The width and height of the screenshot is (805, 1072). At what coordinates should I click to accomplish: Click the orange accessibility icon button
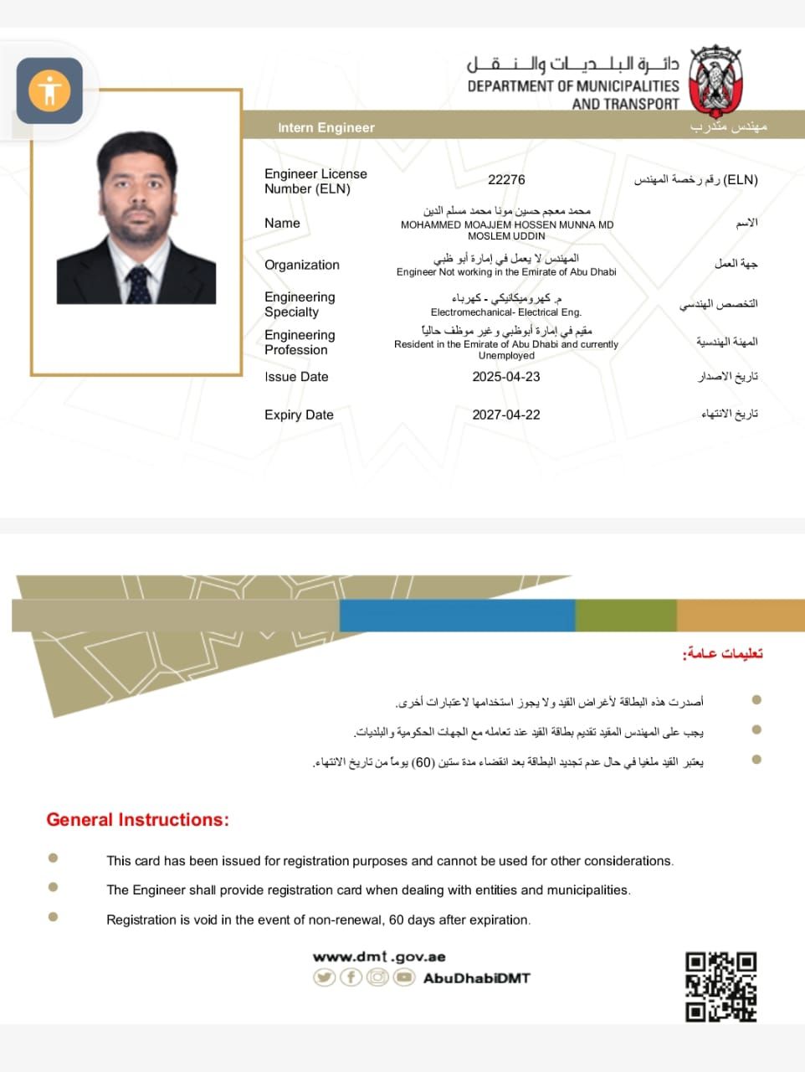pos(49,90)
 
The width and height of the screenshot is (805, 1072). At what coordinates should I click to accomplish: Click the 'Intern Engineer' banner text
pos(326,127)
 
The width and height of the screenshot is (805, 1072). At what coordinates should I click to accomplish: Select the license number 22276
pos(506,179)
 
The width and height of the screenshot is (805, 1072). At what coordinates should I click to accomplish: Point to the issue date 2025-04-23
pos(505,377)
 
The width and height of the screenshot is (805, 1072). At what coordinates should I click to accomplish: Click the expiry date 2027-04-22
pos(505,415)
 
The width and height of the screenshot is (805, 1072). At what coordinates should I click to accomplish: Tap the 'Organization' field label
pos(301,265)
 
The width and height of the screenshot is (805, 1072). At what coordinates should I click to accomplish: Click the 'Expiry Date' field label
pos(299,415)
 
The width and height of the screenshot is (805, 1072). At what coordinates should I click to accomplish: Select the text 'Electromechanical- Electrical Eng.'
pos(505,312)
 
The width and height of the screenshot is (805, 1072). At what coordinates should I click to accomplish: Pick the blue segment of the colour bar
pos(457,616)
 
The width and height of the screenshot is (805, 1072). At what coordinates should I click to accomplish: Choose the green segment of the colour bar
pos(625,616)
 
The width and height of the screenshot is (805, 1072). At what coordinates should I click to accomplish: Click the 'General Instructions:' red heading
pos(137,820)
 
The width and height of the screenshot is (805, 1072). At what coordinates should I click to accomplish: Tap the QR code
pos(720,987)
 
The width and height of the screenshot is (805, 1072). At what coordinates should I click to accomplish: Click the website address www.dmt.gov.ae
pos(379,956)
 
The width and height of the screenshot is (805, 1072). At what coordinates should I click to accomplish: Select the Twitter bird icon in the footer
pos(324,977)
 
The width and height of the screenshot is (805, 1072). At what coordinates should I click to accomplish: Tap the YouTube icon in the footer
pos(404,977)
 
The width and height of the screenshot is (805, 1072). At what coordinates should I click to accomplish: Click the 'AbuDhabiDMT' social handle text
pos(476,977)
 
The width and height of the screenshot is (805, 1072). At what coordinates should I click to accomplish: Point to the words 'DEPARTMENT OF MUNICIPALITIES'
pos(572,85)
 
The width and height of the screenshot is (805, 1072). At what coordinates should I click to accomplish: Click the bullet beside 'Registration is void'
pos(54,916)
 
